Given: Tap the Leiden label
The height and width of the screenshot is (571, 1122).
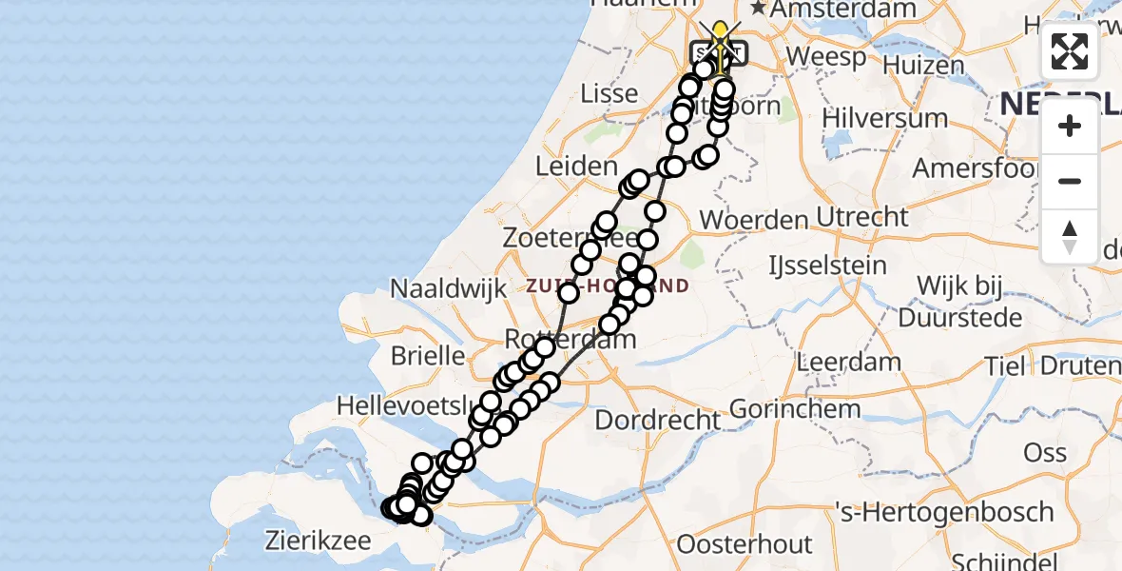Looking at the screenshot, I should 576,166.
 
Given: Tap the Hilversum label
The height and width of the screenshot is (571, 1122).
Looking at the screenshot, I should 872,118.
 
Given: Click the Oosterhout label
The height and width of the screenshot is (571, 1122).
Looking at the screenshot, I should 745,545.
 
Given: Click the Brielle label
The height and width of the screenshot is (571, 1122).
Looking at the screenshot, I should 428,356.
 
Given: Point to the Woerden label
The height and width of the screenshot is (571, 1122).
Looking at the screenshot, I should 753,220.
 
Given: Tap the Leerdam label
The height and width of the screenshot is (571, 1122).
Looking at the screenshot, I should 849,362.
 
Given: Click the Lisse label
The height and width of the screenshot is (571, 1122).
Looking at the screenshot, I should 609,93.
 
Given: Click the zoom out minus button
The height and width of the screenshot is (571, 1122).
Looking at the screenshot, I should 1070,181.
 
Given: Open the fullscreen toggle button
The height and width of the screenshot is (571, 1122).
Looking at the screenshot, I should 1070,51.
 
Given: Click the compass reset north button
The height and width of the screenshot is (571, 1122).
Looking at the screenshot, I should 1070,236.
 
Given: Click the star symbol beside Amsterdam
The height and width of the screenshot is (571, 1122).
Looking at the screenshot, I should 759,8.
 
